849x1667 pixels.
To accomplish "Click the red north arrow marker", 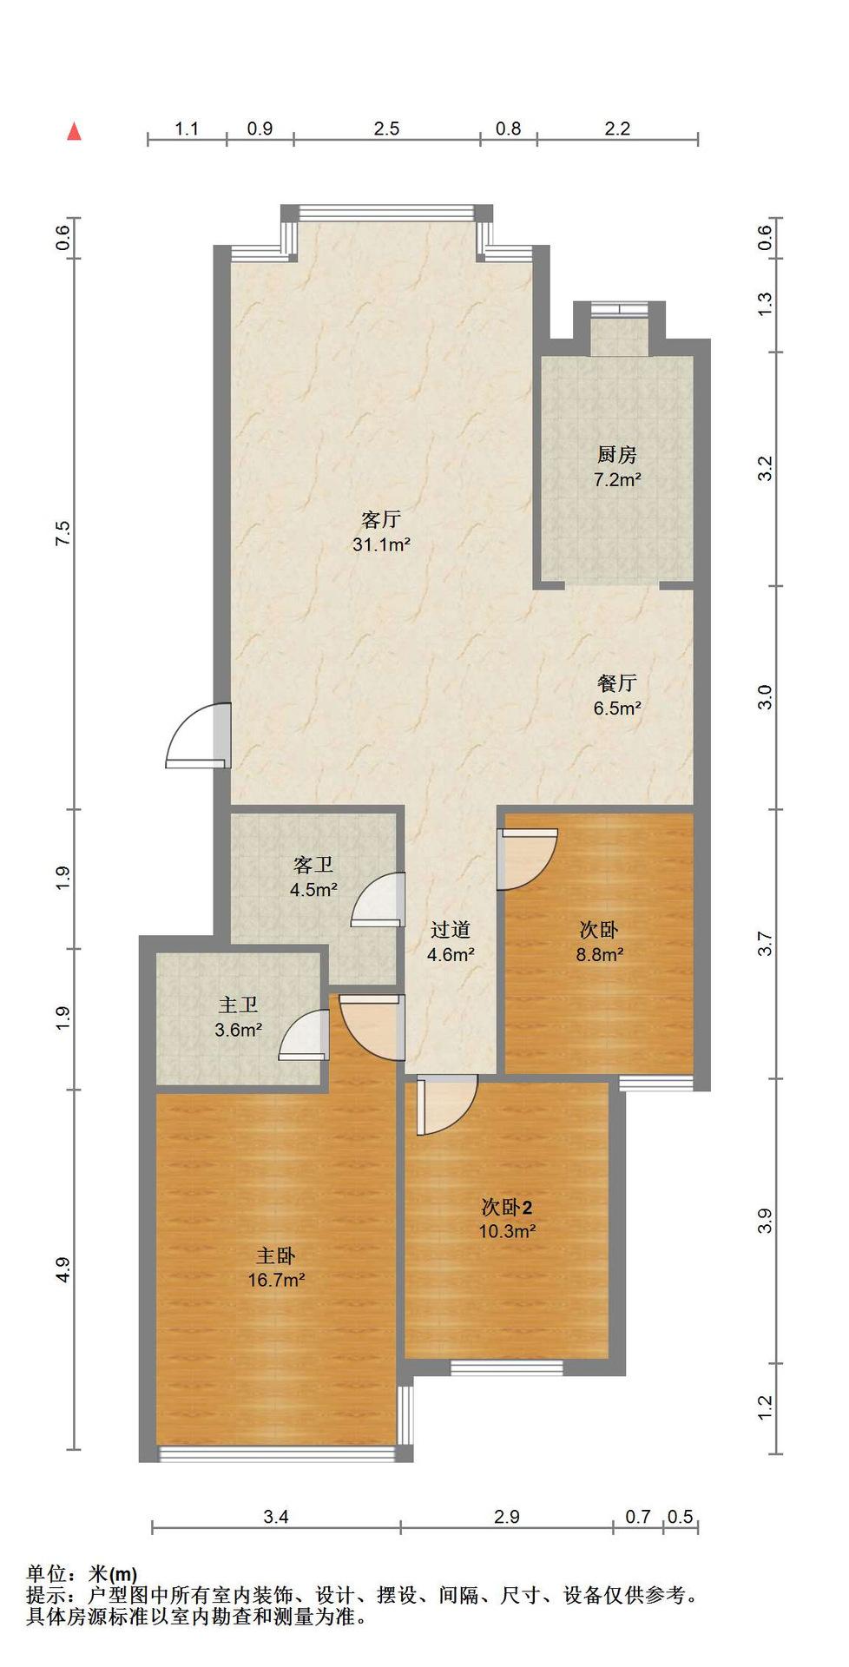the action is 76,131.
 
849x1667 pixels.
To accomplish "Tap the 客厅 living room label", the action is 381,519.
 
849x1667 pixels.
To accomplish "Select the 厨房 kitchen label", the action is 617,454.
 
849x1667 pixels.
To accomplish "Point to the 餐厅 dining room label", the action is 617,683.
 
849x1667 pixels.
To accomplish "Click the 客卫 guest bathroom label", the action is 313,865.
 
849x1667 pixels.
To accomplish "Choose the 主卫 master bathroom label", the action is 239,1005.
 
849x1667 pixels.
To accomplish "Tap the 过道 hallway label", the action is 451,930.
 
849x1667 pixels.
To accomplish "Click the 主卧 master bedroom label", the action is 276,1255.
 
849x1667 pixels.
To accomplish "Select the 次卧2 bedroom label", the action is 507,1207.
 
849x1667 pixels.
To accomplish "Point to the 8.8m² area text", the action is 601,954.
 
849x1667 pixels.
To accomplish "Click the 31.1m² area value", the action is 381,544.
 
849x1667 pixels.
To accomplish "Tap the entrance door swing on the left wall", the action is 199,735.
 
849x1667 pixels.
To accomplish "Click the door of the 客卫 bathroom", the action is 378,899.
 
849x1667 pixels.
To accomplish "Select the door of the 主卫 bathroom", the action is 305,1035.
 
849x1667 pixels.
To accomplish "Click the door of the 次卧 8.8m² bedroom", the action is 527,860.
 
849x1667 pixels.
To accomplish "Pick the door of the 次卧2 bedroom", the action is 447,1104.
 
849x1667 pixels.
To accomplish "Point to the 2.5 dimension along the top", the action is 386,128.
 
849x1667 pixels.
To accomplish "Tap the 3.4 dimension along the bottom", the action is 276,1516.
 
